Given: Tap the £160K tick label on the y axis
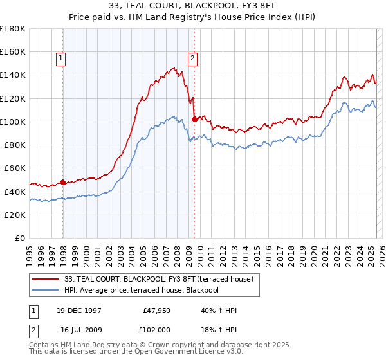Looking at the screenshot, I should point(13,51).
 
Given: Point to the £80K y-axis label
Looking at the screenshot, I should point(15,145).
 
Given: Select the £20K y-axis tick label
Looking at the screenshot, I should point(15,215).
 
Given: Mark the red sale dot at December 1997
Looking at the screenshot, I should point(62,182).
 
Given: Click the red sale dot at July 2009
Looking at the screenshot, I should point(194,119).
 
